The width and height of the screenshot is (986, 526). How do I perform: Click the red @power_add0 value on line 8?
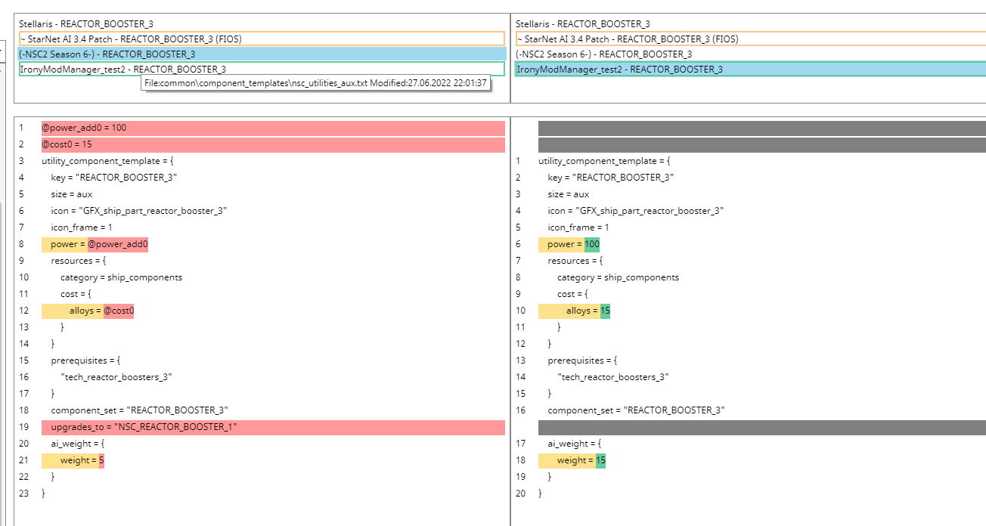click(117, 244)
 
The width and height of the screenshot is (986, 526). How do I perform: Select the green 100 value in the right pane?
click(592, 244)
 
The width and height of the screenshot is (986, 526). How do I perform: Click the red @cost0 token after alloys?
click(119, 311)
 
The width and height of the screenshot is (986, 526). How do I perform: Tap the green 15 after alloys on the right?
click(605, 311)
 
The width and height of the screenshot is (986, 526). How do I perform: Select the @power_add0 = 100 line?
click(84, 128)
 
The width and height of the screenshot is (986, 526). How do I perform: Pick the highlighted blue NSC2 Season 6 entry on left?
click(107, 54)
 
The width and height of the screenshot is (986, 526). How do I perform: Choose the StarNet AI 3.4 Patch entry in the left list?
click(130, 39)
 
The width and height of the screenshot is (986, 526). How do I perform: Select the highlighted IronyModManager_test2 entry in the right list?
click(619, 69)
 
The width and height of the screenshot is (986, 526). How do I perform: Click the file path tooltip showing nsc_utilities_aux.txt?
click(316, 82)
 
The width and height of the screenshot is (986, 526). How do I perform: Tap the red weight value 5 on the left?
click(101, 460)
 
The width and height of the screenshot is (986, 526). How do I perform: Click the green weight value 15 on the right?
click(600, 460)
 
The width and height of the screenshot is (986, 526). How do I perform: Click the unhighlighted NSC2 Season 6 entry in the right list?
click(603, 54)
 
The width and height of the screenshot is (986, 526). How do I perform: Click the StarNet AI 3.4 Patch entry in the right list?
click(627, 39)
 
